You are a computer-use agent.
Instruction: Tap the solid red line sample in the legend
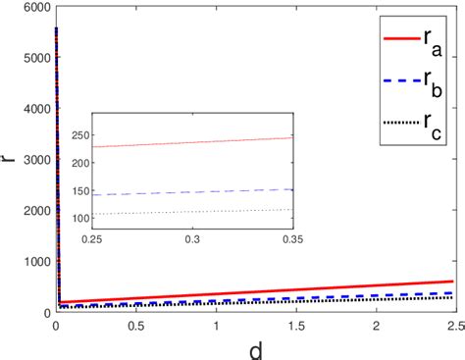(399, 38)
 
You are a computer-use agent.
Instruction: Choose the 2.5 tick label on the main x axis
(452, 325)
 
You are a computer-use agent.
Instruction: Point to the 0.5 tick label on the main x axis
(135, 325)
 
